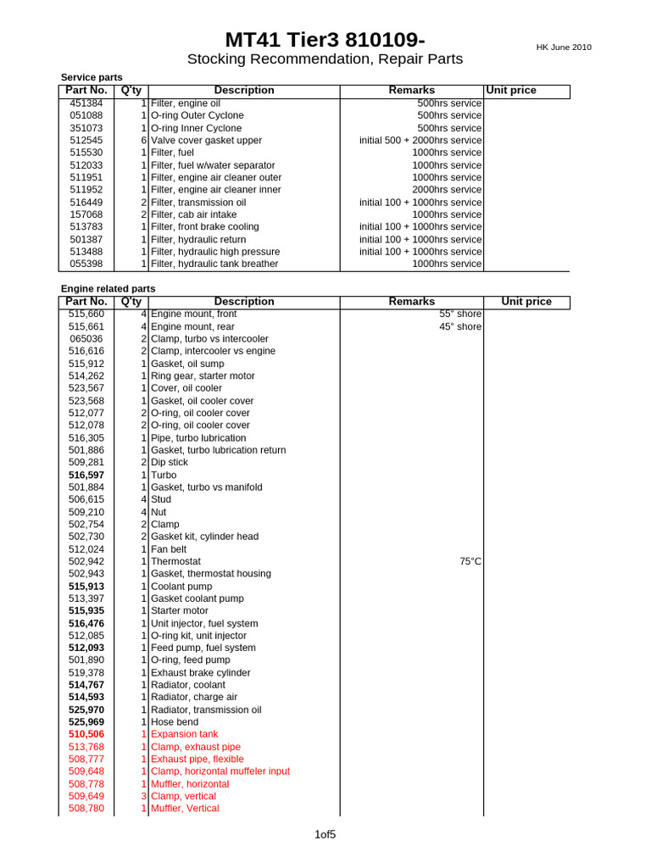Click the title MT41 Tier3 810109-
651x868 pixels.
pyautogui.click(x=325, y=40)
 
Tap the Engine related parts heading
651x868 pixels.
pyautogui.click(x=108, y=289)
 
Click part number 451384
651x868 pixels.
pyautogui.click(x=86, y=103)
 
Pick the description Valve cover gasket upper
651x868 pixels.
pyautogui.click(x=206, y=141)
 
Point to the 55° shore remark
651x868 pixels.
pyautogui.click(x=460, y=314)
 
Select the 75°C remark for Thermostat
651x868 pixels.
pyautogui.click(x=470, y=562)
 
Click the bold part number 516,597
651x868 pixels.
pyautogui.click(x=86, y=476)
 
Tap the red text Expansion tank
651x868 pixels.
pyautogui.click(x=184, y=734)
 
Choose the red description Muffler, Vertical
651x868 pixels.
pyautogui.click(x=185, y=809)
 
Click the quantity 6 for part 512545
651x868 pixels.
pyautogui.click(x=144, y=141)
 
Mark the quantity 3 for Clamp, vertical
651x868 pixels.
pyautogui.click(x=144, y=797)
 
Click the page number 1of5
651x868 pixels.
pyautogui.click(x=325, y=835)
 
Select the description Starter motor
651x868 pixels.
pyautogui.click(x=181, y=611)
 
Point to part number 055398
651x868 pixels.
pyautogui.click(x=86, y=264)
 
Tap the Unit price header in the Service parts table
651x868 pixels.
pyautogui.click(x=511, y=91)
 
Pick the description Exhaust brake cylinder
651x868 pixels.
pyautogui.click(x=200, y=673)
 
